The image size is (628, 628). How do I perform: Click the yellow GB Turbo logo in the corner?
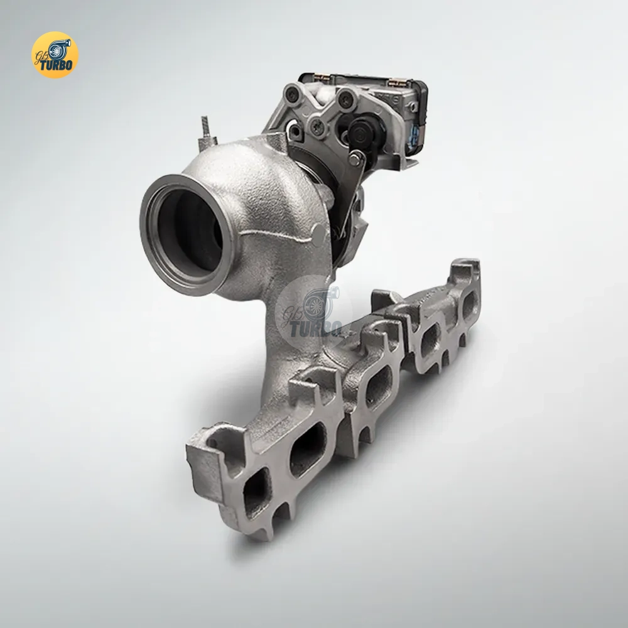(55, 55)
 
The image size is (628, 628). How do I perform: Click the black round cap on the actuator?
(359, 131)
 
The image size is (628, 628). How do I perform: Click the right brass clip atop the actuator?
(394, 83)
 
